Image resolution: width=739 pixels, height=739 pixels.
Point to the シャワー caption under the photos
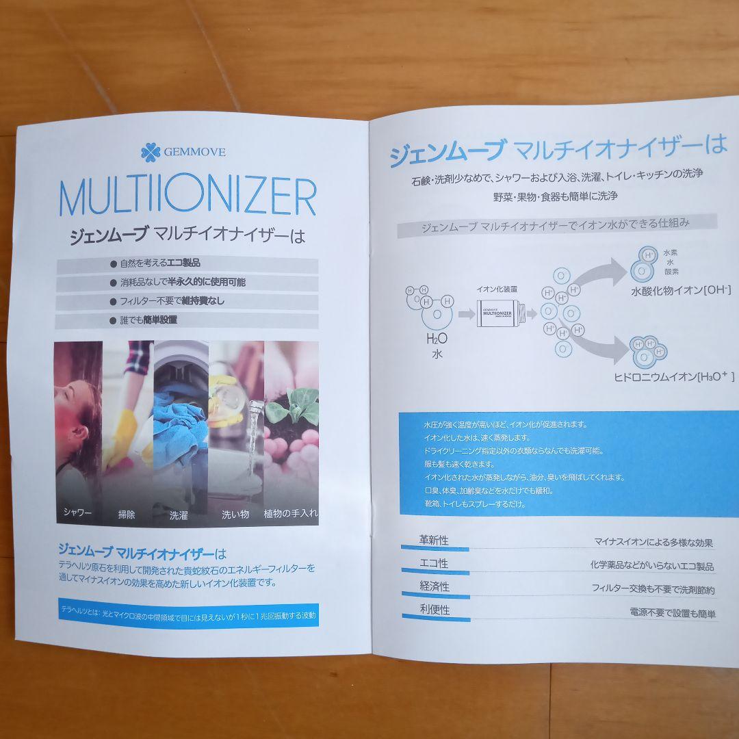coord(77,513)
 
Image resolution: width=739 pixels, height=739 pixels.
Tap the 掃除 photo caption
coord(127,514)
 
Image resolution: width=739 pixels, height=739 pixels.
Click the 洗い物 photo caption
coord(235,514)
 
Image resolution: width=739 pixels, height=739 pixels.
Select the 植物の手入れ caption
coord(290,513)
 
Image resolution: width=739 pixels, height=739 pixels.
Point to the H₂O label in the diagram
coord(437,339)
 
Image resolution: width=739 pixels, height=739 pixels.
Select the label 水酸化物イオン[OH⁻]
coord(680,291)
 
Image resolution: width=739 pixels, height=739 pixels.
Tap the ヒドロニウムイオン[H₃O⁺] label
coord(673,376)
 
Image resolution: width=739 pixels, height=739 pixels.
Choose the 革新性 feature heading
coord(434,541)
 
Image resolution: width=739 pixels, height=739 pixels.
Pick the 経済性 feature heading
coord(435,586)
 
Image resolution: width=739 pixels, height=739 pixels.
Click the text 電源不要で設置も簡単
coord(673,614)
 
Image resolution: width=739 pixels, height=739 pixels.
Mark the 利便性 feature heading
coord(435,609)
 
